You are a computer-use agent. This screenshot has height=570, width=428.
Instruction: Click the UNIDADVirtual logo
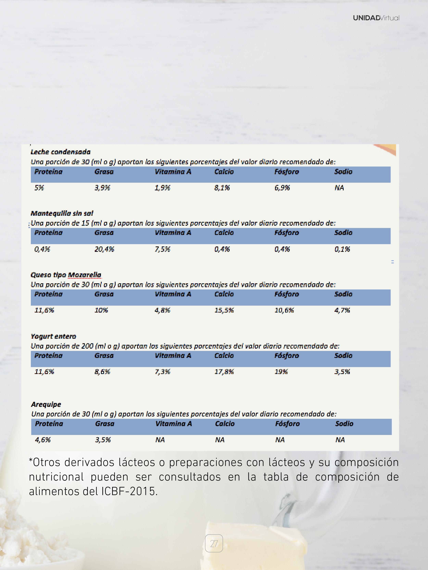pos(376,18)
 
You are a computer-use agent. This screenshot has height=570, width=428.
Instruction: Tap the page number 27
pos(214,543)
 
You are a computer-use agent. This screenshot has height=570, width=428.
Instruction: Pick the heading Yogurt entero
pos(53,336)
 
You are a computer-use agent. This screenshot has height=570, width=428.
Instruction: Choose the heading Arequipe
pos(46,404)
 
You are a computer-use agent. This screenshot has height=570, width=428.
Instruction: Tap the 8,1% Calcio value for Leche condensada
pos(222,188)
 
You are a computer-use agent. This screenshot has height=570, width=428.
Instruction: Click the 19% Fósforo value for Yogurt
pos(281,372)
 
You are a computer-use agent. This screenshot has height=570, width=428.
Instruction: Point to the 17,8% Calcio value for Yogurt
pos(224,372)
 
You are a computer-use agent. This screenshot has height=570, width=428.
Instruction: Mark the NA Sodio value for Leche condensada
pos(339,188)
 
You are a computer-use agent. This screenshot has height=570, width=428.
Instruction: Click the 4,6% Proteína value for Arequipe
pos(43,440)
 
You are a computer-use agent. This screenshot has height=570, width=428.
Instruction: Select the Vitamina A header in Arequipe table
pos(174,424)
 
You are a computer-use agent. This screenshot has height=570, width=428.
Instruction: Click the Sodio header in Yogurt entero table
pos(343,356)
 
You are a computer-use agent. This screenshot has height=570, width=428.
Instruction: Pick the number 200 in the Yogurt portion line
pos(87,346)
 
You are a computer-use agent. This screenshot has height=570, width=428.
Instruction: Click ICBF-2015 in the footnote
pos(129,491)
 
